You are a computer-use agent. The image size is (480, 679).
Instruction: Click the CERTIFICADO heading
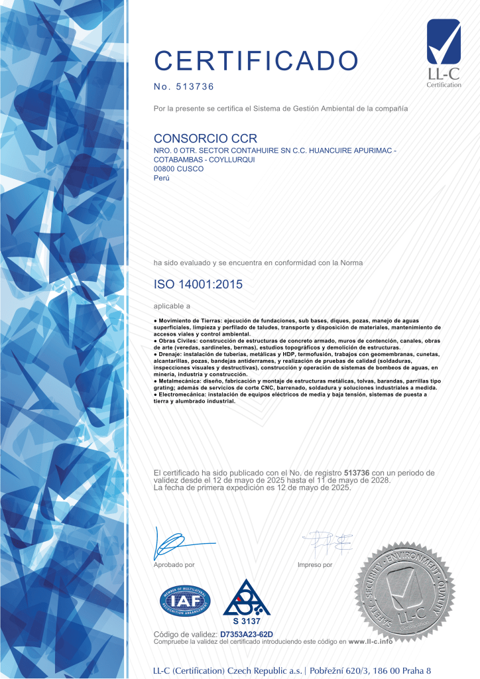point(256,60)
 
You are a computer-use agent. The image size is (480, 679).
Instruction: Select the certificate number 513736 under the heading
point(193,87)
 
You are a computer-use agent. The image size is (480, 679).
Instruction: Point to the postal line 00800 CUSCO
point(178,168)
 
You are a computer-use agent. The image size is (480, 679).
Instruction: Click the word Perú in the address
point(161,178)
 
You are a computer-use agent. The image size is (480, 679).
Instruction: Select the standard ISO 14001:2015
point(198,284)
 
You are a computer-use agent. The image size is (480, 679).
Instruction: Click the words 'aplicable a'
point(172,306)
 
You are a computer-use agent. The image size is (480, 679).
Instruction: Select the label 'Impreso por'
point(316,565)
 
